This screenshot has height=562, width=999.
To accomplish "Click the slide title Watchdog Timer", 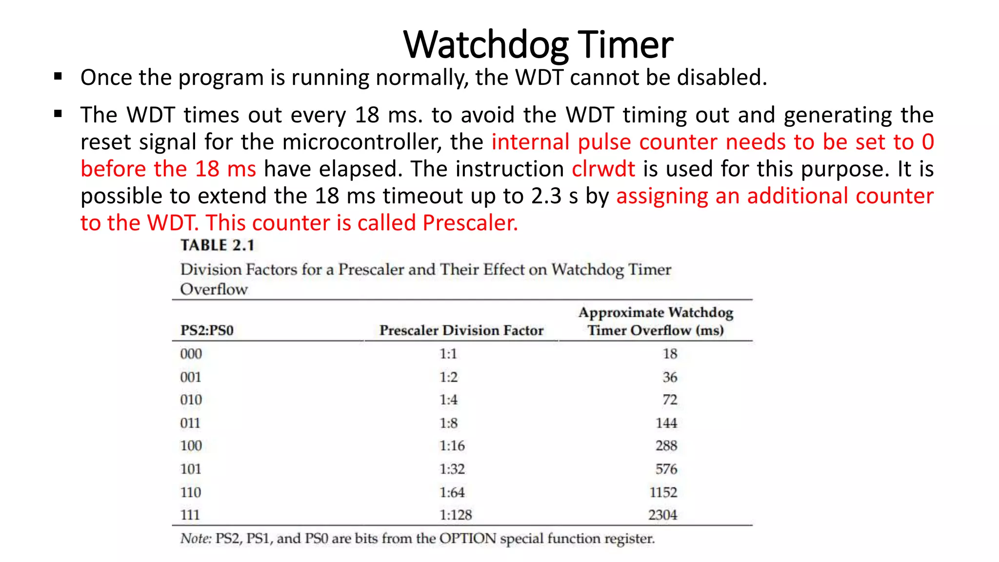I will click(x=538, y=45).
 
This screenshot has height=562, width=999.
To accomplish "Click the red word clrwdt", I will click(x=603, y=169).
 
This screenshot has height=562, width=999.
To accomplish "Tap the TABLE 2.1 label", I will click(x=218, y=245).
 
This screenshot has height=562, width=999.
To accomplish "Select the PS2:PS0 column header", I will click(x=207, y=330).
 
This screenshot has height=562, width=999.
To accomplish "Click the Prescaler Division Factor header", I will click(x=461, y=330).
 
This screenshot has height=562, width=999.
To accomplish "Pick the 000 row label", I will click(x=191, y=354).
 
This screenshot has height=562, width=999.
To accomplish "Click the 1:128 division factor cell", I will click(x=456, y=515).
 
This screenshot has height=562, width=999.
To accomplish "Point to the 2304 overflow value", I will click(x=662, y=515).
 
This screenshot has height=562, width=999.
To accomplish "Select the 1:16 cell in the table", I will click(x=452, y=445).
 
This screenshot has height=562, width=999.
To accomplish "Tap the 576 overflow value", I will click(x=666, y=469).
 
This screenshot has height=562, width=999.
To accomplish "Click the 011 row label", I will click(x=190, y=423).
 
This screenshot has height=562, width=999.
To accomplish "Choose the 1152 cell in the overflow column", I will click(x=663, y=492).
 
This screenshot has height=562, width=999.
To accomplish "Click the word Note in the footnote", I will click(x=196, y=539).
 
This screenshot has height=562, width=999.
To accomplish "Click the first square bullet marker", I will click(x=59, y=76).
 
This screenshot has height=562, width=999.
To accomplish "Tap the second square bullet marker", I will click(x=59, y=114).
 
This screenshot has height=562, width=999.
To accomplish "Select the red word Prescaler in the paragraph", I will click(x=469, y=223).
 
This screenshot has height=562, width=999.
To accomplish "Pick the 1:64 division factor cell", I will click(x=452, y=492).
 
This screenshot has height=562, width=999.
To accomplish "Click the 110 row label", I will click(x=191, y=492).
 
